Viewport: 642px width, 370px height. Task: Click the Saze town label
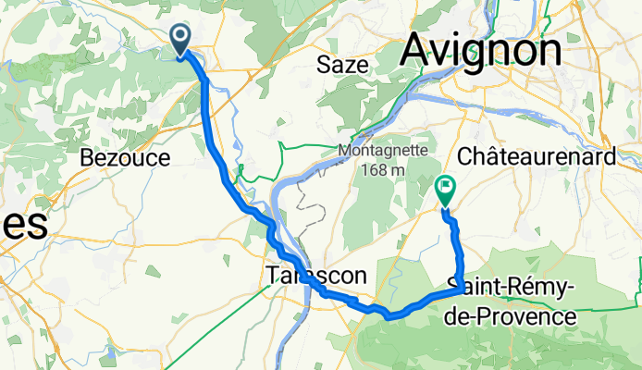pyautogui.click(x=342, y=65)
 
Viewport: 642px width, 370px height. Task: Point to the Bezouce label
pyautogui.click(x=125, y=158)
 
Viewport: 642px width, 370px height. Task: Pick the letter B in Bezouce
pyautogui.click(x=87, y=158)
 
